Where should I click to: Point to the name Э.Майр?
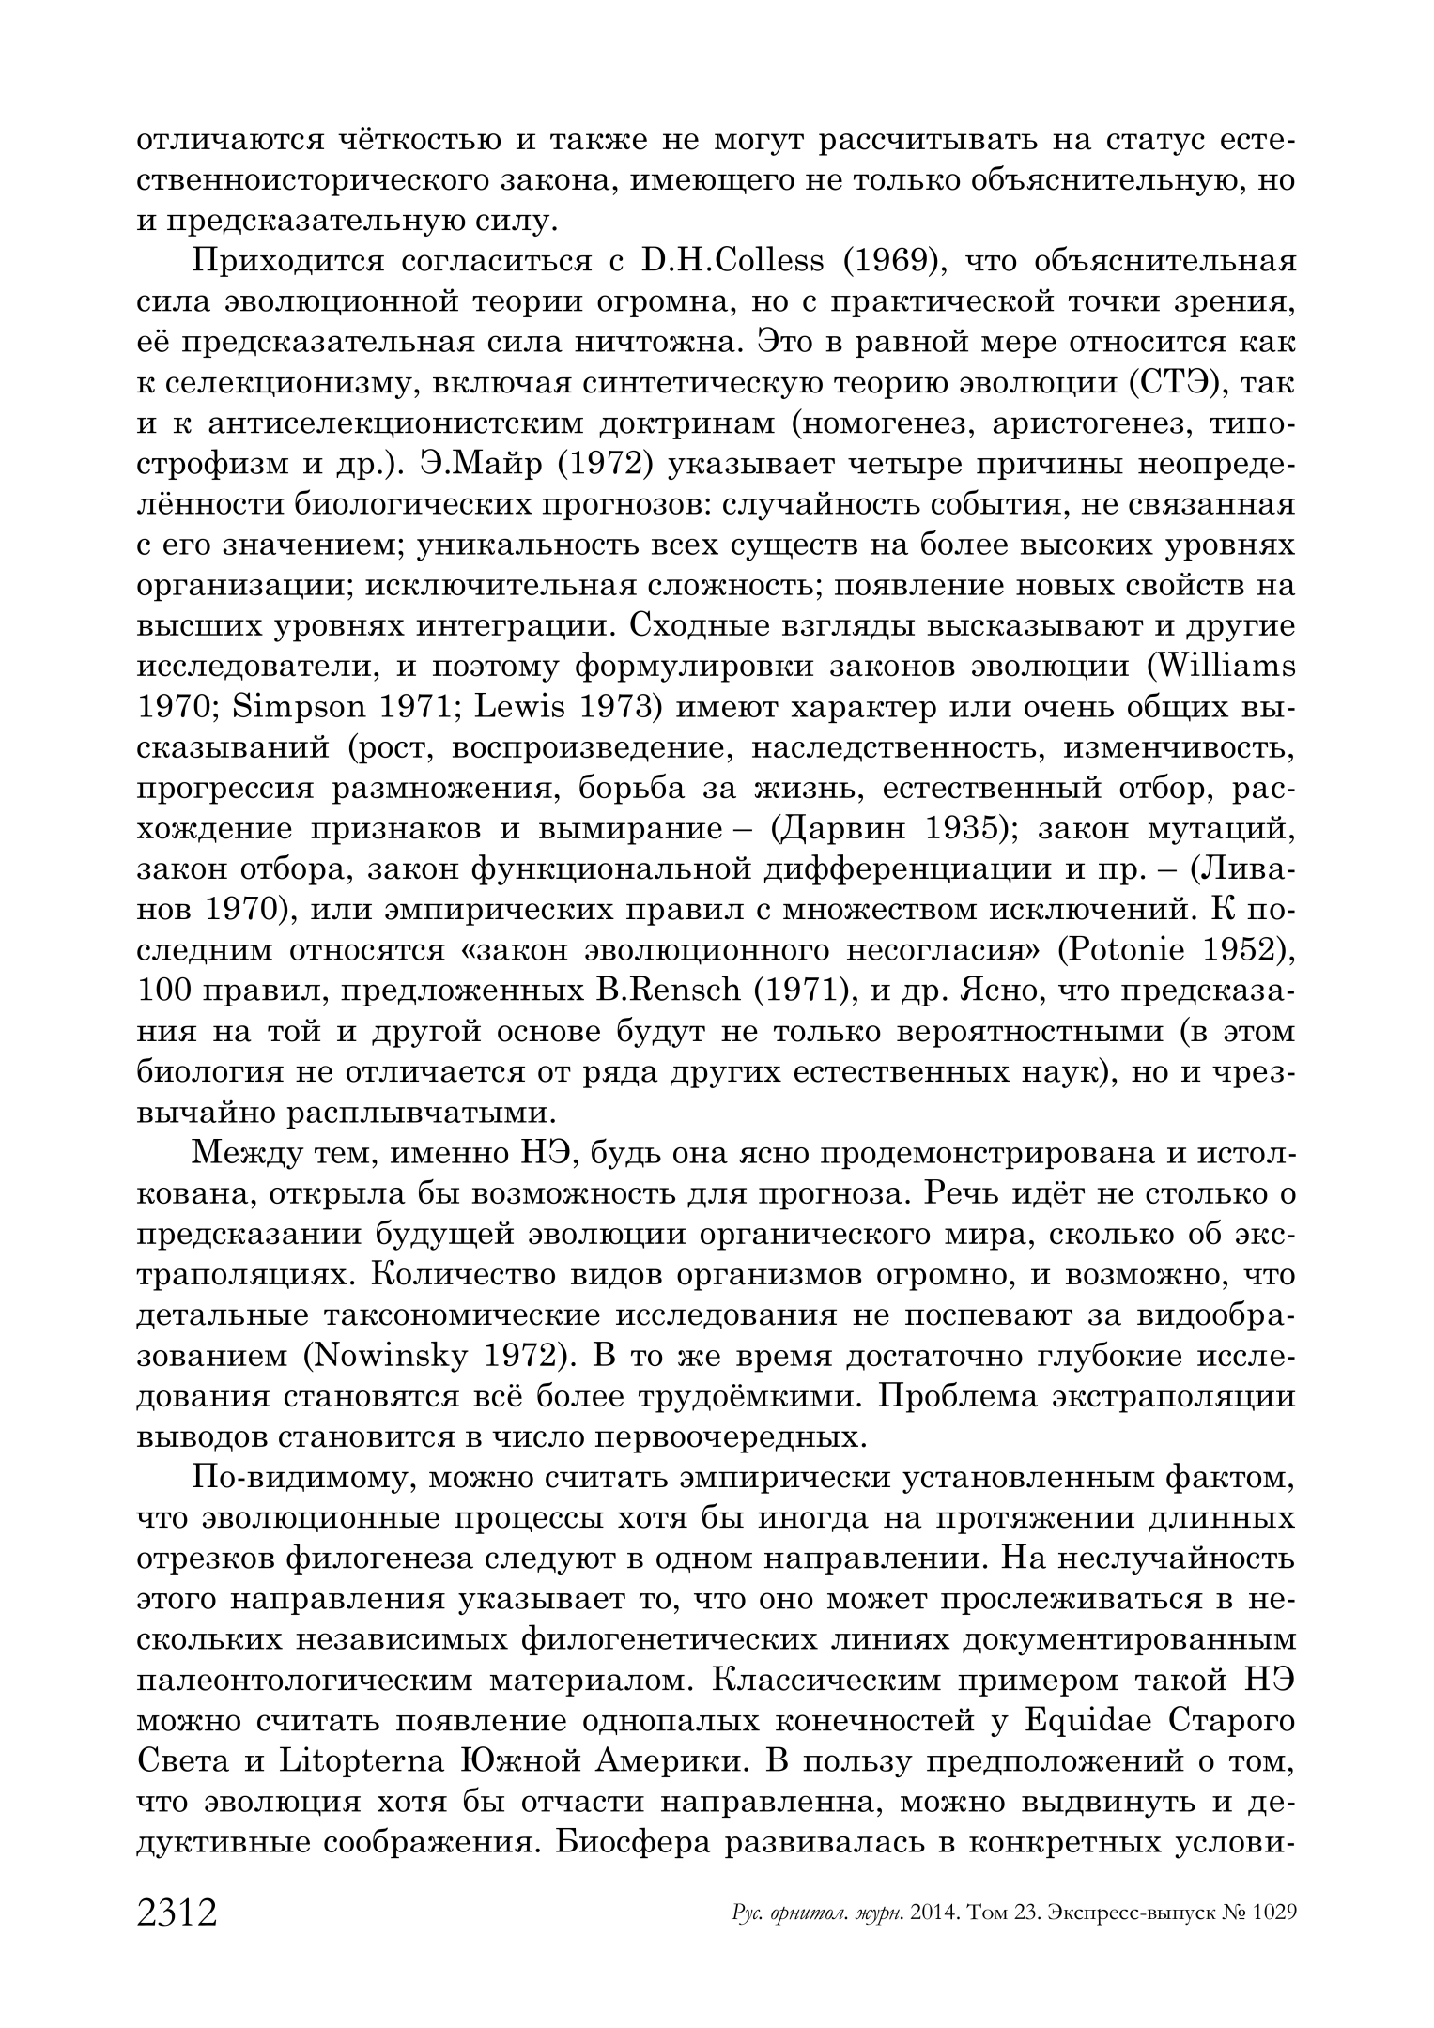(471, 465)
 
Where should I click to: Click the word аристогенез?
(1074, 424)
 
